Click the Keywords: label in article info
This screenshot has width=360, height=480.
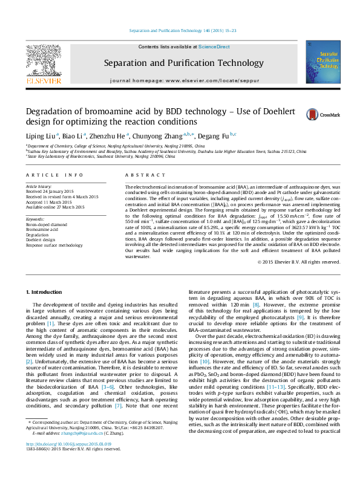coord(36,218)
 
